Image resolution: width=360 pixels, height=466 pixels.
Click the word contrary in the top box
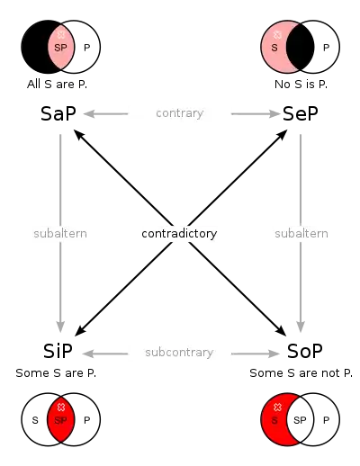pyautogui.click(x=179, y=112)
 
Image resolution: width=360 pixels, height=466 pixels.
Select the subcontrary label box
pyautogui.click(x=179, y=352)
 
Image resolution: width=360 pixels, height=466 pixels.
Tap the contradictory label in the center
pyautogui.click(x=180, y=233)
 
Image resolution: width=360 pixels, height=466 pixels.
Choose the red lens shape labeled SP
pyautogui.click(x=61, y=418)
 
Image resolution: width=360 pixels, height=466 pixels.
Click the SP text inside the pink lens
pyautogui.click(x=60, y=48)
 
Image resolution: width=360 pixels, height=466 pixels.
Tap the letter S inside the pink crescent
pyautogui.click(x=274, y=48)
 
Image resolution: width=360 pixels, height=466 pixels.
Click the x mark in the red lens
pyautogui.click(x=61, y=408)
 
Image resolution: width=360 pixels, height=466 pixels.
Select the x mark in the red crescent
pyautogui.click(x=277, y=408)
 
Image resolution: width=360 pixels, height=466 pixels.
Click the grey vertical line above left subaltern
pyautogui.click(x=61, y=175)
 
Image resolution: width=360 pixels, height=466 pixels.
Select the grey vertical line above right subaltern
pyautogui.click(x=298, y=175)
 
